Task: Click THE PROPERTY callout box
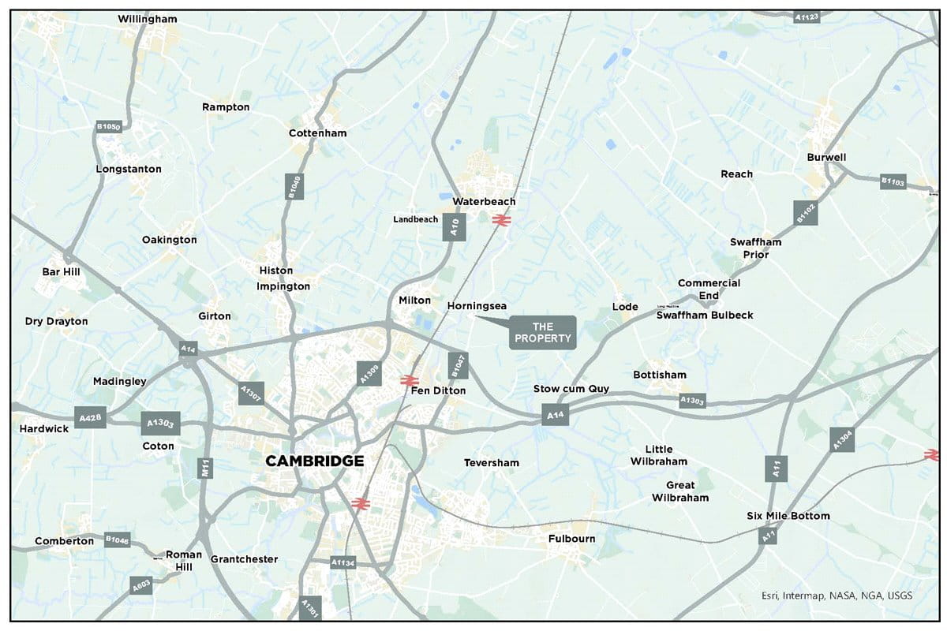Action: pyautogui.click(x=542, y=332)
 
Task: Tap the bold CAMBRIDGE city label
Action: pyautogui.click(x=314, y=461)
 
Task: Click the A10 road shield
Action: pyautogui.click(x=455, y=227)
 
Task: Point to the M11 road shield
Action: pyautogui.click(x=206, y=467)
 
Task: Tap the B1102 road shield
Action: pyautogui.click(x=805, y=213)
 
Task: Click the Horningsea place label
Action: pyautogui.click(x=476, y=305)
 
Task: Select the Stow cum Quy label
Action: pyautogui.click(x=571, y=389)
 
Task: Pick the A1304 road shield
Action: pyautogui.click(x=842, y=440)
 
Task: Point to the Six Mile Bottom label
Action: pyautogui.click(x=788, y=516)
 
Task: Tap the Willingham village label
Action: pyautogui.click(x=148, y=18)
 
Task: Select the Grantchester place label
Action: pyautogui.click(x=244, y=559)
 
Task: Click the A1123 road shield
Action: pyautogui.click(x=807, y=16)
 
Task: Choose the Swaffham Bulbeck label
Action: pyautogui.click(x=705, y=315)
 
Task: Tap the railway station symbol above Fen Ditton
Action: pyautogui.click(x=409, y=380)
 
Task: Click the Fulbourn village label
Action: pyautogui.click(x=572, y=539)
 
